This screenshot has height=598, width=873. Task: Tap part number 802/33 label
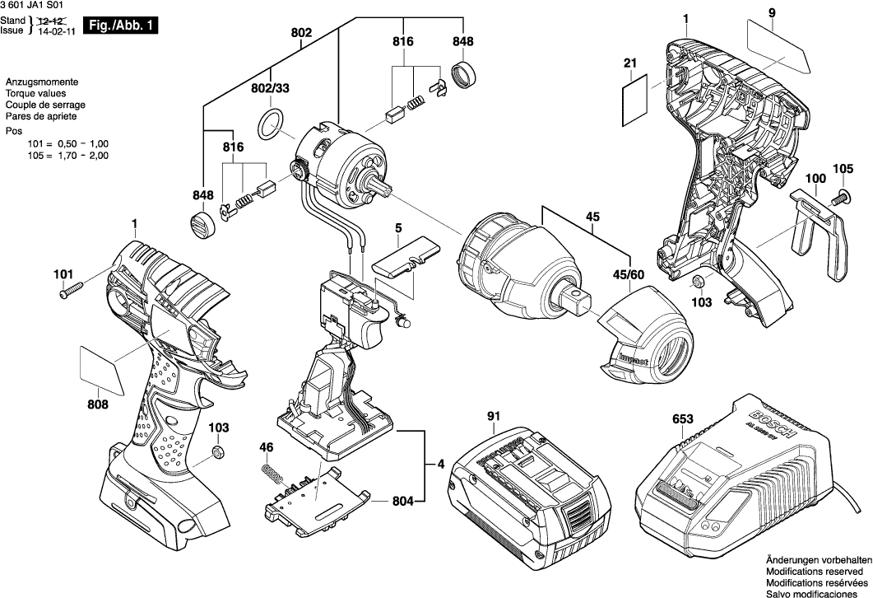click(x=270, y=88)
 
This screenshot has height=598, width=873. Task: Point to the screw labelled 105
click(x=842, y=198)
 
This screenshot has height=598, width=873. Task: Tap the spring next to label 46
click(x=269, y=477)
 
